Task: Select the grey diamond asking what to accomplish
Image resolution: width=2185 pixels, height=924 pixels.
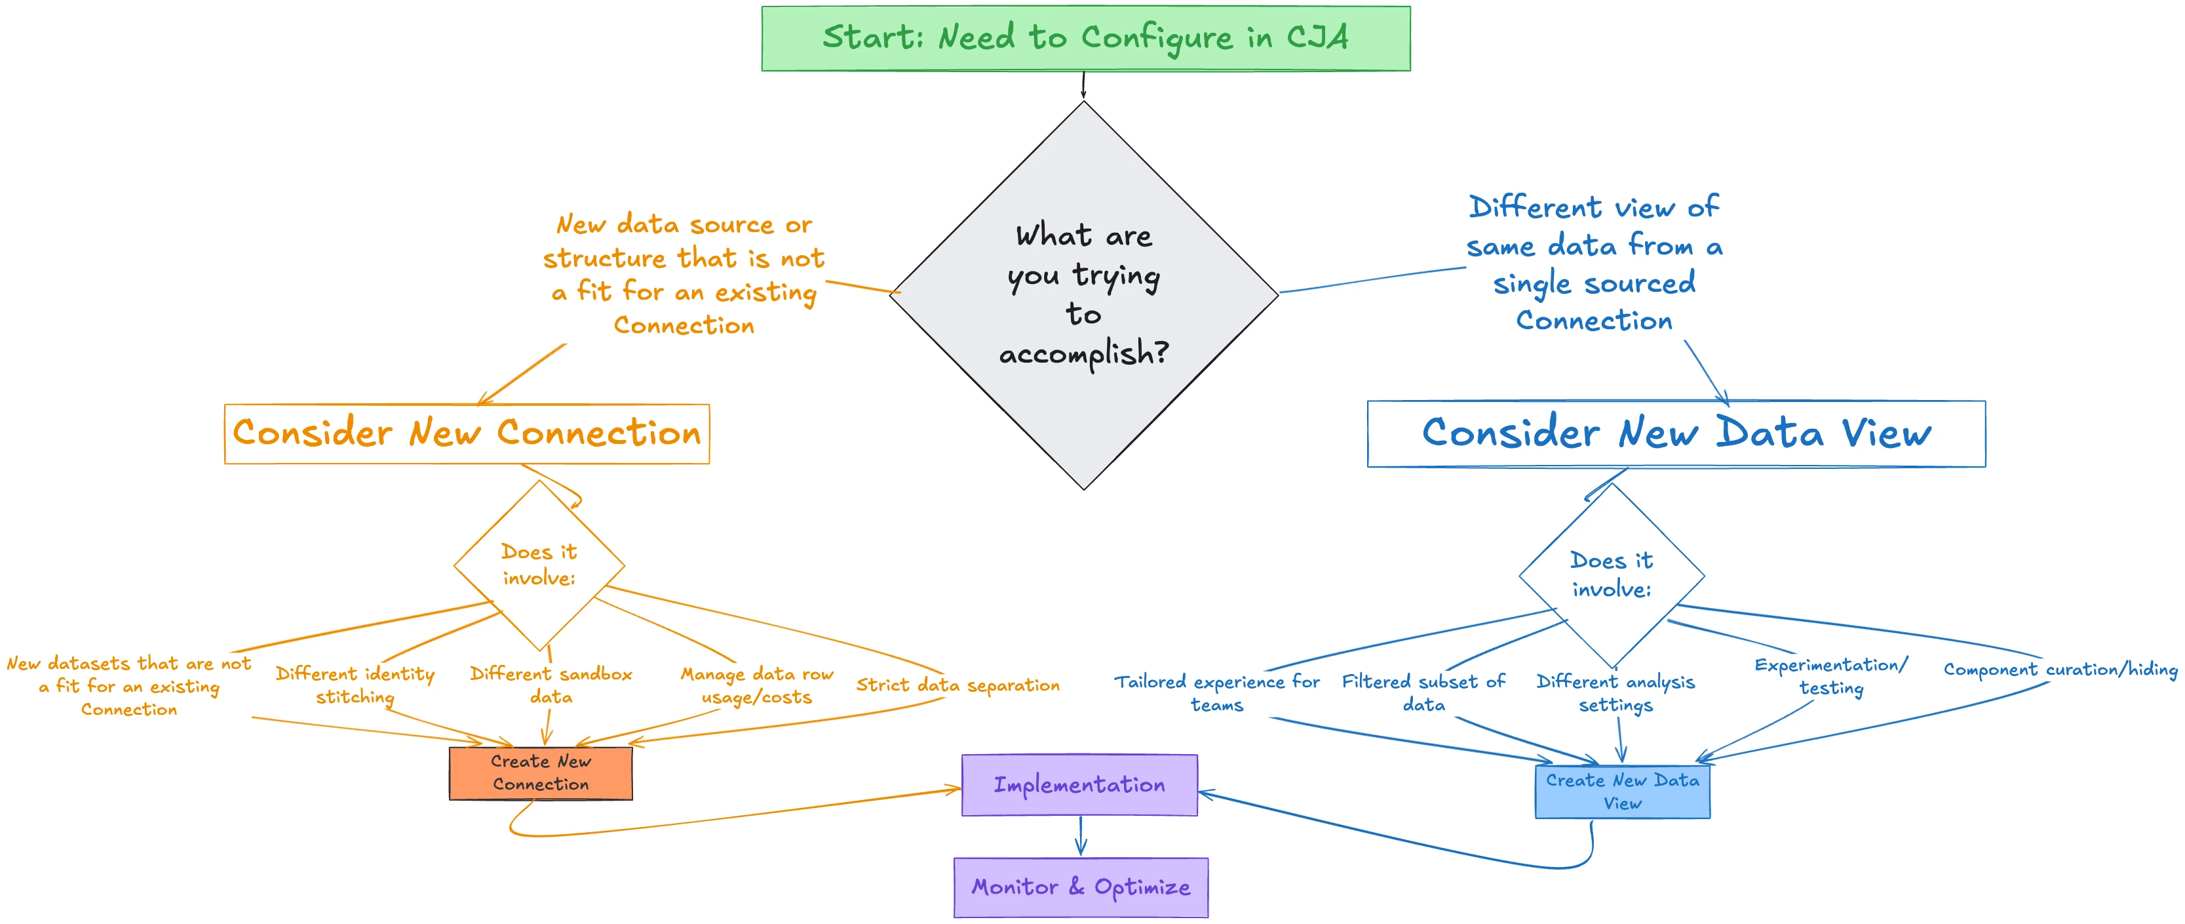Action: (x=1083, y=294)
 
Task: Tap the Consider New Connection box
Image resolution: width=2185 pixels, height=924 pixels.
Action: (x=467, y=433)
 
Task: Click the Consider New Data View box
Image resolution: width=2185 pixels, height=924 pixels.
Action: (x=1675, y=433)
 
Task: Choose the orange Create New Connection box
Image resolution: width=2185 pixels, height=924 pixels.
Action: (x=540, y=773)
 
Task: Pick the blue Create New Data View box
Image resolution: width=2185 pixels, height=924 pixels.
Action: (x=1622, y=792)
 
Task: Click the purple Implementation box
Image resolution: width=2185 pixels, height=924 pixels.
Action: (x=1079, y=785)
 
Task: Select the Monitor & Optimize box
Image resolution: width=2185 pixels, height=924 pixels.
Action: (x=1081, y=887)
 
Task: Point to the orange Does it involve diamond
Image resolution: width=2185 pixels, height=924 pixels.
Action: (x=539, y=565)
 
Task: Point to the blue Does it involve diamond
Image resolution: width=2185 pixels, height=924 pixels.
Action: (x=1611, y=575)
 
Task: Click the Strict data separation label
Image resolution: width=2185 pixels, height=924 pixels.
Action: (x=957, y=685)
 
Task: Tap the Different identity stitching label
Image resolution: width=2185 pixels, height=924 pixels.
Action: (x=355, y=685)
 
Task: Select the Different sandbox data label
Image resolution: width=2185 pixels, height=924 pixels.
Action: (x=551, y=685)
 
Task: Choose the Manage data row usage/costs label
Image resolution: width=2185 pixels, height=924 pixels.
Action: (x=756, y=685)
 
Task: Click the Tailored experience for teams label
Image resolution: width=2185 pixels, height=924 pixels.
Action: (x=1216, y=693)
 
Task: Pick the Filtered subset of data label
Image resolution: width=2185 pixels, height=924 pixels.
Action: (x=1423, y=693)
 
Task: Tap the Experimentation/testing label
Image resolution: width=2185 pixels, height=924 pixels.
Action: (x=1831, y=676)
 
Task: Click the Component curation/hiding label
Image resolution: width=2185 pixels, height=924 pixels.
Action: (x=2060, y=670)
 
